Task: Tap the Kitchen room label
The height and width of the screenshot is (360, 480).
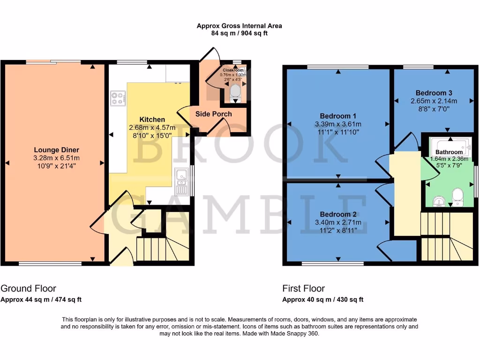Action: pyautogui.click(x=151, y=120)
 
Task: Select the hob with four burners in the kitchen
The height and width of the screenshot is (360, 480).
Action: pyautogui.click(x=118, y=98)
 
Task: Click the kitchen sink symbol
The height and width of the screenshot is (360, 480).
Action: pyautogui.click(x=180, y=182)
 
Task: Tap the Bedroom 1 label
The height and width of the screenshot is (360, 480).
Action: pyautogui.click(x=338, y=116)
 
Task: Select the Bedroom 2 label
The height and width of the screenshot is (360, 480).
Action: pyautogui.click(x=338, y=214)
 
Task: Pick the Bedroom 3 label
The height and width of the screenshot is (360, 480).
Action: pyautogui.click(x=434, y=93)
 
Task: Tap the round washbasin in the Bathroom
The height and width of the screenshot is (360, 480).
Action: pyautogui.click(x=438, y=201)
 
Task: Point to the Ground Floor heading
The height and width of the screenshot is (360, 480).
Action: pyautogui.click(x=29, y=288)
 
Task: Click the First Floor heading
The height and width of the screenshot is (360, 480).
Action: pyautogui.click(x=303, y=288)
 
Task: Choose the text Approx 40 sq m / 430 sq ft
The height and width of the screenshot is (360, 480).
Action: pyautogui.click(x=322, y=300)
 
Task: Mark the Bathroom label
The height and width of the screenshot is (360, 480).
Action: pyautogui.click(x=449, y=152)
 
